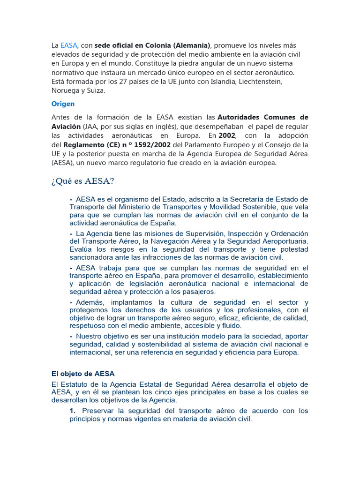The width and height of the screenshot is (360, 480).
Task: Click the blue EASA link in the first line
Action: click(68, 45)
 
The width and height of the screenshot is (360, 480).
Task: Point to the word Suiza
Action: click(94, 90)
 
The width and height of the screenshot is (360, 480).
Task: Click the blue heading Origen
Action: click(63, 104)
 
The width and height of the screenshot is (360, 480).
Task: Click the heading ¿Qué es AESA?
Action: click(82, 181)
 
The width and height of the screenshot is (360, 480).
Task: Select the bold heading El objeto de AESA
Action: click(82, 374)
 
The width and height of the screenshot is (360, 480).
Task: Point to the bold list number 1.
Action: click(72, 411)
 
